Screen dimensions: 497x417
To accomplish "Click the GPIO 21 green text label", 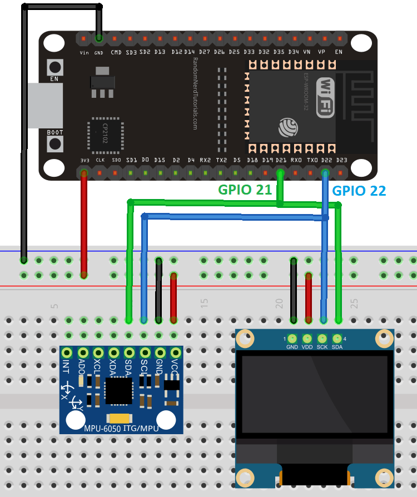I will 245,190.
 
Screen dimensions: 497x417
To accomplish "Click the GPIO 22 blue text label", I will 359,190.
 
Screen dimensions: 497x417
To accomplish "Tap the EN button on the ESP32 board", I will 55,67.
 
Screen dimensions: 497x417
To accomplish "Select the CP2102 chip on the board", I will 105,134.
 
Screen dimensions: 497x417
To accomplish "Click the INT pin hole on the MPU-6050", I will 67,352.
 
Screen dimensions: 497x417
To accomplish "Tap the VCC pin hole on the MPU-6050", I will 176,352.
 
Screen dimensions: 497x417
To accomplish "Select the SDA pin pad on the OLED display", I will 337,338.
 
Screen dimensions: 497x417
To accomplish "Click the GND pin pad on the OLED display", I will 292,338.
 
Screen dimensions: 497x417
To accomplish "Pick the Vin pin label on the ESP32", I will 85,52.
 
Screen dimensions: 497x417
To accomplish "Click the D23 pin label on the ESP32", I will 341,160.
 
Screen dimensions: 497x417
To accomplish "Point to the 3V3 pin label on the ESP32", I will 85,160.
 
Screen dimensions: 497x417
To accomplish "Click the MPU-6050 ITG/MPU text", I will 121,428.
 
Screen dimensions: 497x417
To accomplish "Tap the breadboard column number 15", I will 204,303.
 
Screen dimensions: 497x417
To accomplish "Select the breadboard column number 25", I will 354,303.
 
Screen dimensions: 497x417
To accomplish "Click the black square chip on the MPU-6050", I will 118,390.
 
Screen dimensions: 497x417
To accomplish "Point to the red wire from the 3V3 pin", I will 84,222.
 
